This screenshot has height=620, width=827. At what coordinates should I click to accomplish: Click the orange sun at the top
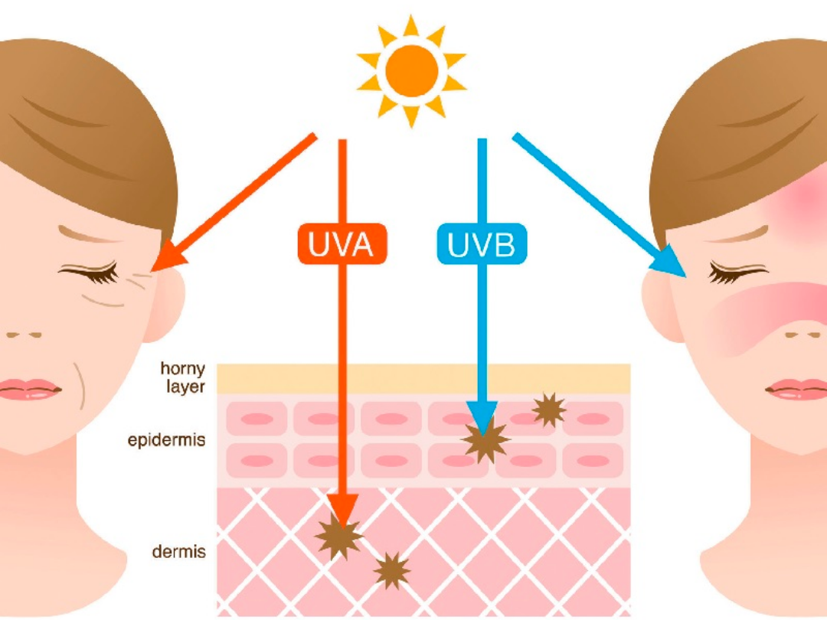point(412,71)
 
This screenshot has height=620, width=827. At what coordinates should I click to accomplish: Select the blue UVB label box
point(482,245)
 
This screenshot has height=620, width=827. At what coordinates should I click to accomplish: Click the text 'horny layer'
point(182,377)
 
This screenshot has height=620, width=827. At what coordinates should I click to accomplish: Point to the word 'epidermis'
point(167,441)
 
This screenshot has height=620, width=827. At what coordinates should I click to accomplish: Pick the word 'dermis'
point(178,550)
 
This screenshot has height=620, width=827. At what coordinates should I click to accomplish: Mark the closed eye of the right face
point(737,272)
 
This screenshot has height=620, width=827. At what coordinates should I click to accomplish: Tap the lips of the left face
point(31,388)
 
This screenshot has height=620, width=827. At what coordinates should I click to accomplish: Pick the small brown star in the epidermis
point(549,410)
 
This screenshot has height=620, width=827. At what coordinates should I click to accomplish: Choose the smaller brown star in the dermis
point(392,570)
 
